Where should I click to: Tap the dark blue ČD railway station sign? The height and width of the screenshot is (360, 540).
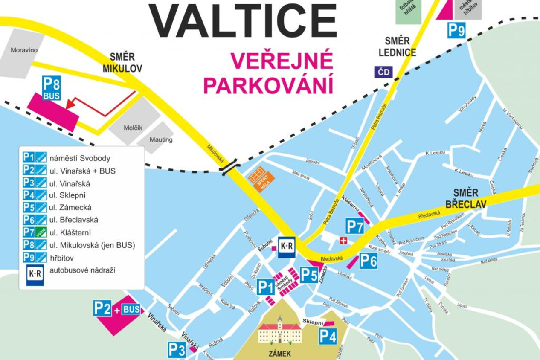(384, 72)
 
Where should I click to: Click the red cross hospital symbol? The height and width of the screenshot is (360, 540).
(343, 241)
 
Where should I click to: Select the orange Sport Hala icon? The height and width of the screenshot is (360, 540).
(261, 180)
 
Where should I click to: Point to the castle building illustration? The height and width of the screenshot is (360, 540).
(280, 331)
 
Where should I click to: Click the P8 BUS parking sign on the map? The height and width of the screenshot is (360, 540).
(51, 88)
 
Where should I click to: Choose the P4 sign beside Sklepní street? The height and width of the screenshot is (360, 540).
(328, 337)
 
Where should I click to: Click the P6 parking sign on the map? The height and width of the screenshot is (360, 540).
(368, 261)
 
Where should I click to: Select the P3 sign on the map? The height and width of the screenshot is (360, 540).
(177, 350)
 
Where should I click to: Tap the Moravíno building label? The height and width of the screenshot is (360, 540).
(24, 50)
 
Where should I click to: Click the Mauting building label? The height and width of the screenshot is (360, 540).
(161, 139)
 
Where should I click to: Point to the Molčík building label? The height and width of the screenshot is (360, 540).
(133, 128)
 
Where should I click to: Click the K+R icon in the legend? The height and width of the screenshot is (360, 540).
(35, 275)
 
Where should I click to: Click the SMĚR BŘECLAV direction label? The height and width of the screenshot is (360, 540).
(465, 199)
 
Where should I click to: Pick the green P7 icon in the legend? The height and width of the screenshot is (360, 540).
(35, 232)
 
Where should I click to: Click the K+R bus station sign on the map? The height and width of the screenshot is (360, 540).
(287, 247)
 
